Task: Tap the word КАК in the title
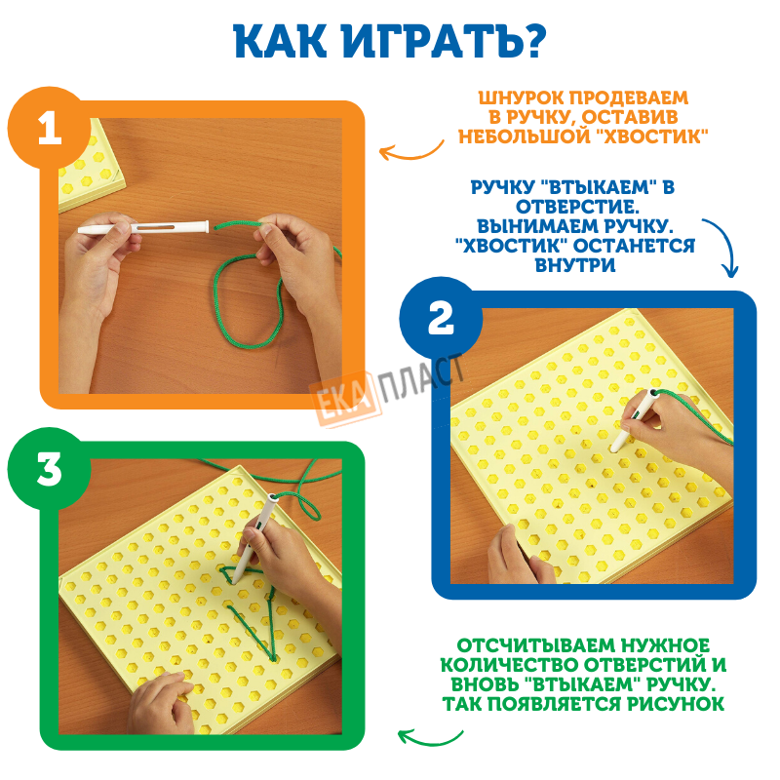click(x=280, y=41)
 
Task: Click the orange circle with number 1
click(x=49, y=128)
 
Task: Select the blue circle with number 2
click(x=441, y=319)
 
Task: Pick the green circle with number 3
click(x=49, y=469)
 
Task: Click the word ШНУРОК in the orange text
click(x=522, y=98)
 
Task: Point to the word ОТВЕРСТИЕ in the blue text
click(x=577, y=207)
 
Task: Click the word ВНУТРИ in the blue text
click(x=575, y=264)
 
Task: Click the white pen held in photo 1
click(x=142, y=227)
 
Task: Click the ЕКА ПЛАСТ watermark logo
click(x=387, y=389)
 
